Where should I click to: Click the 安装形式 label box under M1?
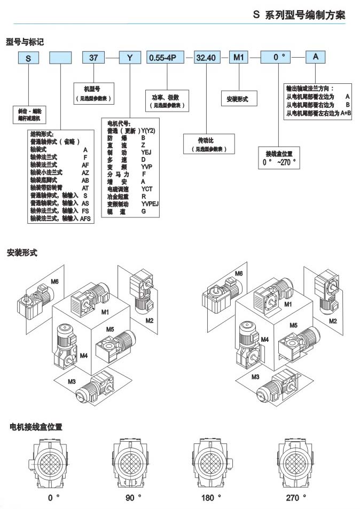tap(238, 99)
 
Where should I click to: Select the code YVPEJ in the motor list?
tap(150, 203)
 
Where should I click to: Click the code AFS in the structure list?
tap(85, 218)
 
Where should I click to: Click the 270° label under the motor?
tap(292, 497)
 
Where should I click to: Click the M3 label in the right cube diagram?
tap(255, 377)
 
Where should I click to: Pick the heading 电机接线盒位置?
tap(36, 427)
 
